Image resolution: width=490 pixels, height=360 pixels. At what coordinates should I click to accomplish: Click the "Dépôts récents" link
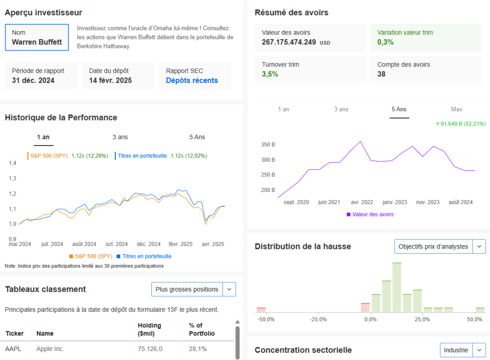point(192,80)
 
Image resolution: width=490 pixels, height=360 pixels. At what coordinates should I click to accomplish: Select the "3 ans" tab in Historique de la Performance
point(120,137)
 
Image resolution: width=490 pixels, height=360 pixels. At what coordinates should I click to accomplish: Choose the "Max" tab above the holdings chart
point(457,109)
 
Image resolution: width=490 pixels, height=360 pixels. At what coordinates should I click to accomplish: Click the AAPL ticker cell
point(13,349)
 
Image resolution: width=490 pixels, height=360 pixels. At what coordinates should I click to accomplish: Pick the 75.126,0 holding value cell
point(150,349)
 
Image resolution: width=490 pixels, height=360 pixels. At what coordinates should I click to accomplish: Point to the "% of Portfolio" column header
point(202,329)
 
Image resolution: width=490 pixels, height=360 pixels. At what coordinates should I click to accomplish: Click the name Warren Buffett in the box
point(37,42)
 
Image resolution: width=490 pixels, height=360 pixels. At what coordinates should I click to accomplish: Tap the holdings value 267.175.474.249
point(289,42)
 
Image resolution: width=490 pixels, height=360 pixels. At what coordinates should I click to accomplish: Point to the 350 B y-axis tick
point(268,144)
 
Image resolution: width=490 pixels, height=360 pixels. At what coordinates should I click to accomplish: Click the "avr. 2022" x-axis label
point(362,202)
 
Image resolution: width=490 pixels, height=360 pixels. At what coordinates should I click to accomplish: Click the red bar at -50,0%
point(261,310)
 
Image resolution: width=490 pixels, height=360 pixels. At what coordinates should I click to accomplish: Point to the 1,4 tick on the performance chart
point(12,163)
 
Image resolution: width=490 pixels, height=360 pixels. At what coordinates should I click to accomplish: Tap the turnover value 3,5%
point(270,74)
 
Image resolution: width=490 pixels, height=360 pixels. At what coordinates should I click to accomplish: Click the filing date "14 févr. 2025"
point(111,80)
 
